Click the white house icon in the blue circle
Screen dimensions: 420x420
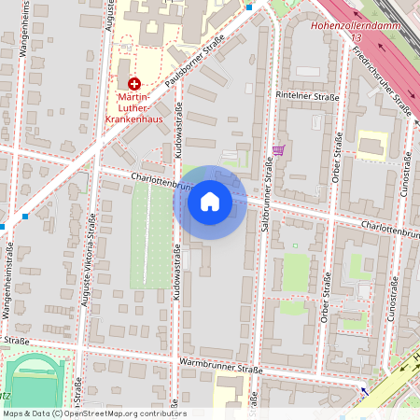tap(210, 202)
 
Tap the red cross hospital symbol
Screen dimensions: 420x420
tap(133, 83)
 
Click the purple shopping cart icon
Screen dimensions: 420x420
tap(277, 149)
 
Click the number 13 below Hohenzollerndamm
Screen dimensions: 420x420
tap(357, 38)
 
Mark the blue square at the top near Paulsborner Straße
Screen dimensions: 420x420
tap(249, 7)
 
